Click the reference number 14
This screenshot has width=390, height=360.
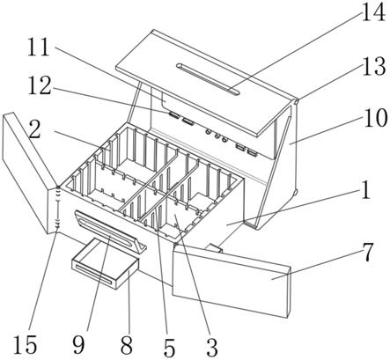coord(373,12)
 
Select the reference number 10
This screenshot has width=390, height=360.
coord(375,118)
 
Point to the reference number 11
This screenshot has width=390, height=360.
coord(39,48)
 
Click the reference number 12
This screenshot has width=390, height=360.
coord(40,85)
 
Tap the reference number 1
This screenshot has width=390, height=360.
coord(365,190)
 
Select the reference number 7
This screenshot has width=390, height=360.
coord(367,252)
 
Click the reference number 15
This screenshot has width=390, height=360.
coord(26,344)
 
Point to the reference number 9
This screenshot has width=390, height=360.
coord(78,344)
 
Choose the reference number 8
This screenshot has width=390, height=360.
coord(127,345)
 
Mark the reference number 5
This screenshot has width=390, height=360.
coord(169,348)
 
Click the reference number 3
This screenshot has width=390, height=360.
coord(212,348)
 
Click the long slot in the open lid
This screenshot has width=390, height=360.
coord(208,78)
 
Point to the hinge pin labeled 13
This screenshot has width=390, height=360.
coord(296,101)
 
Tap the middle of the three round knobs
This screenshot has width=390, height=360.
coord(217,136)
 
